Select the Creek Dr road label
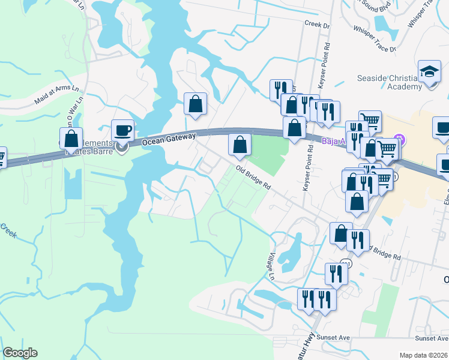pyautogui.click(x=318, y=25)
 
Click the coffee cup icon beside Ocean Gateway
pyautogui.click(x=122, y=130)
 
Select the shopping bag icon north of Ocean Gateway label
pyautogui.click(x=195, y=104)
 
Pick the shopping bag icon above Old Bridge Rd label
pyautogui.click(x=240, y=144)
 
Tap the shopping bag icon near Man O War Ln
pyautogui.click(x=71, y=139)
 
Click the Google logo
pyautogui.click(x=20, y=353)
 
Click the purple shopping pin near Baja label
pyautogui.click(x=402, y=142)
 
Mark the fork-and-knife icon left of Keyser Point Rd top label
pyautogui.click(x=280, y=91)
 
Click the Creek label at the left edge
pyautogui.click(x=8, y=229)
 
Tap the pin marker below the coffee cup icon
pyautogui.click(x=122, y=148)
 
